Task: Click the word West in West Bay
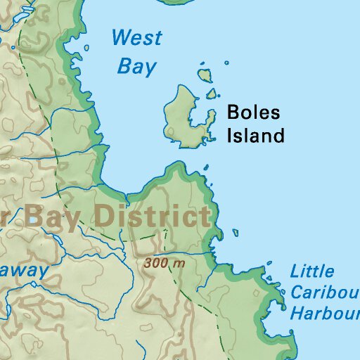[136, 37]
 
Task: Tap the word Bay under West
[136, 66]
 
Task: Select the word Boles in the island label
[253, 112]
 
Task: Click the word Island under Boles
[255, 135]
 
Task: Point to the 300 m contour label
[165, 264]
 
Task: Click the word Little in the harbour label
[312, 271]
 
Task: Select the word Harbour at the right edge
[325, 314]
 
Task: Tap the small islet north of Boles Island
[206, 74]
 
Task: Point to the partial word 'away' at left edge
[25, 271]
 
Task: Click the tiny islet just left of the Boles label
[211, 94]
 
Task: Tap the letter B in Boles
[233, 112]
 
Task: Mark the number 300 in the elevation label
[156, 264]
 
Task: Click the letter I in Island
[229, 135]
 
